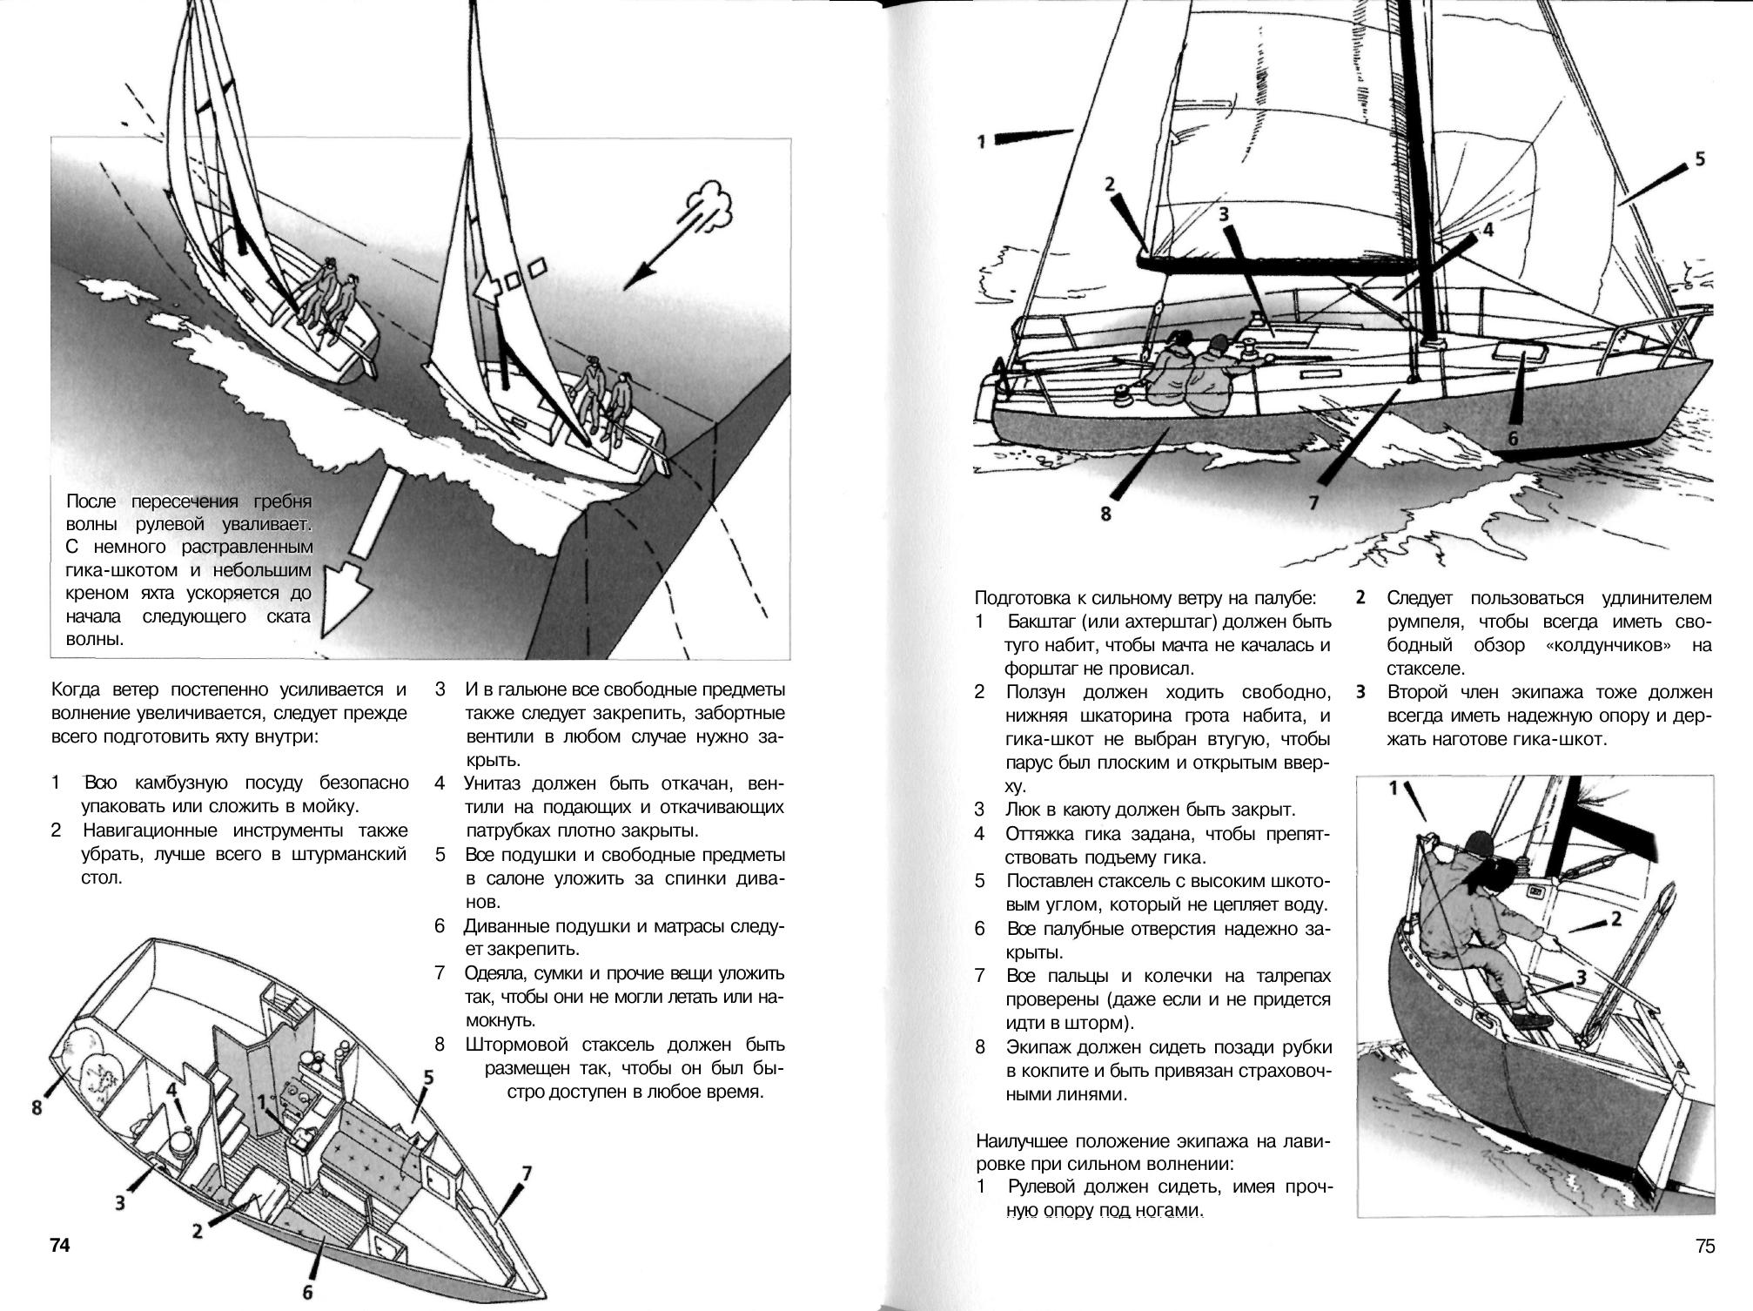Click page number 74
[58, 1246]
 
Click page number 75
[1704, 1246]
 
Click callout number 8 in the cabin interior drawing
[37, 1108]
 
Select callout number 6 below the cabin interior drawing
[306, 1293]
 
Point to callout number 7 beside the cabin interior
[525, 1174]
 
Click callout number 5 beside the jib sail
[1699, 159]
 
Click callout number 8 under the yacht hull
[1105, 514]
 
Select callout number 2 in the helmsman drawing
[1615, 918]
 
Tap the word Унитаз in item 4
[495, 783]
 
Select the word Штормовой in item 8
[521, 1045]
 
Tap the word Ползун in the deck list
[1037, 693]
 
